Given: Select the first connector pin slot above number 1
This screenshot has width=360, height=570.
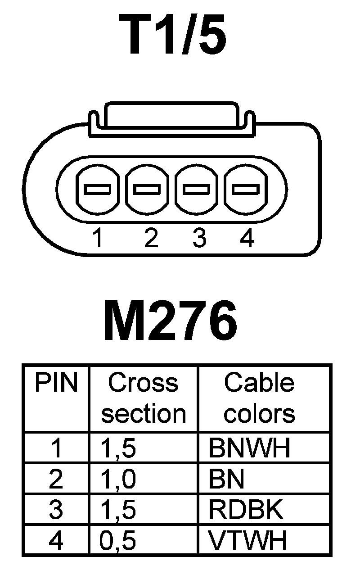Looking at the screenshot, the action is [98, 189].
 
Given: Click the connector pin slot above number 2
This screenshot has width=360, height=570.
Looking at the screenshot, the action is [147, 189].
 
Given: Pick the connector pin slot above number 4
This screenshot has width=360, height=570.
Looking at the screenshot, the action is [245, 189].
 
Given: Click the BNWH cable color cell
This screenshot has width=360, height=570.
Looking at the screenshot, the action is [249, 448].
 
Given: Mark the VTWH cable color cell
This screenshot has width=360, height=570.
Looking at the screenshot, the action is [247, 541].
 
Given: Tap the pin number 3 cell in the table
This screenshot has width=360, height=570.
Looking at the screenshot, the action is [56, 510].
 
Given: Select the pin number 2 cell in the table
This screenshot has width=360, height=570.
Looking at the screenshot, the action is [56, 479].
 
